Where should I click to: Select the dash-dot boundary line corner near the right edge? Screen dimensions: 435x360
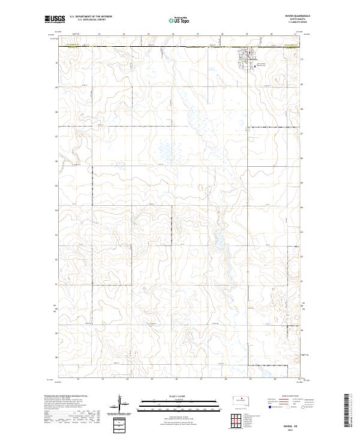point(294,247)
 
